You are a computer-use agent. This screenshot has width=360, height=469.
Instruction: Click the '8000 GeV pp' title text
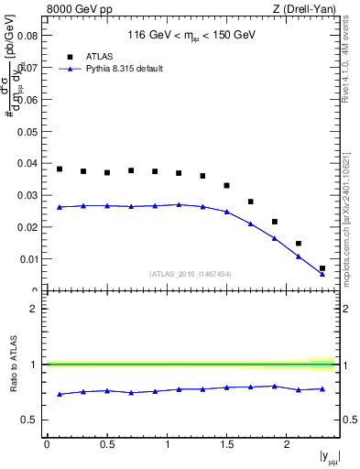pyautogui.click(x=74, y=10)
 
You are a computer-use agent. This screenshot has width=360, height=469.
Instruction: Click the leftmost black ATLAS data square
pyautogui.click(x=60, y=169)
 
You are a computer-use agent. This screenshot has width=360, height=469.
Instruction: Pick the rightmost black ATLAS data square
pyautogui.click(x=322, y=268)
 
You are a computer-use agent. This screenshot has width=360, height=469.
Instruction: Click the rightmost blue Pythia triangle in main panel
pyautogui.click(x=322, y=273)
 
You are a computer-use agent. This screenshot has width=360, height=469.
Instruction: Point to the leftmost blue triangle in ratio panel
pyautogui.click(x=60, y=394)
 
